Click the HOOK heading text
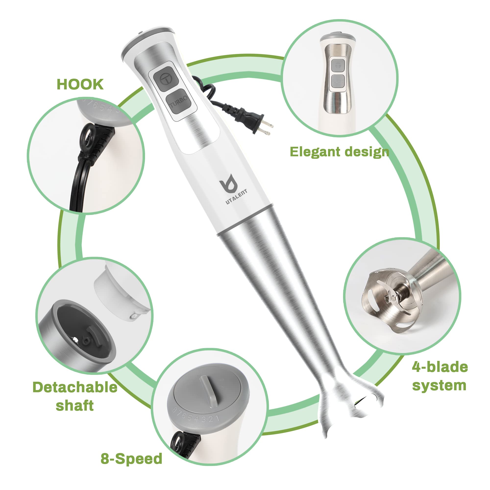point(80,85)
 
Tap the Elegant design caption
point(339,152)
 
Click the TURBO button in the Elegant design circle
point(338,81)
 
